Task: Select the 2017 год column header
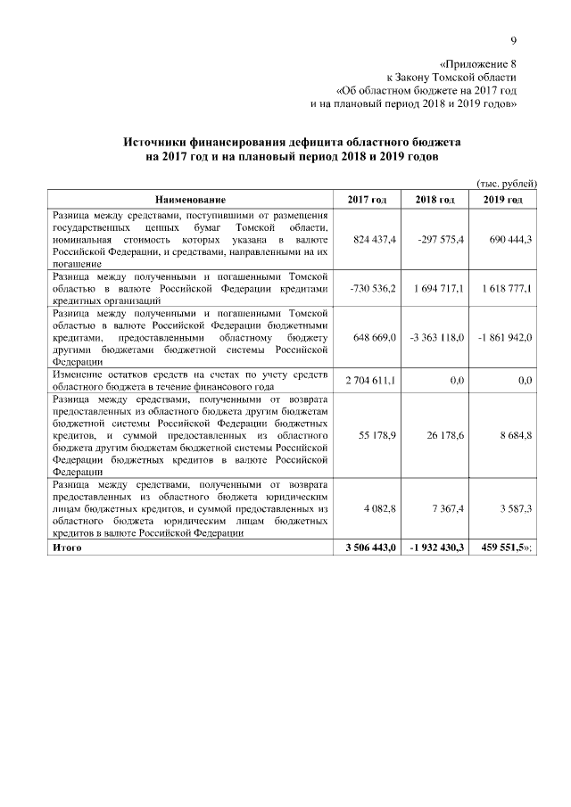pos(367,199)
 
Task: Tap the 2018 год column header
pos(434,199)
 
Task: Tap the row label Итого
pos(67,546)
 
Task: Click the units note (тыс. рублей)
pos(507,182)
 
